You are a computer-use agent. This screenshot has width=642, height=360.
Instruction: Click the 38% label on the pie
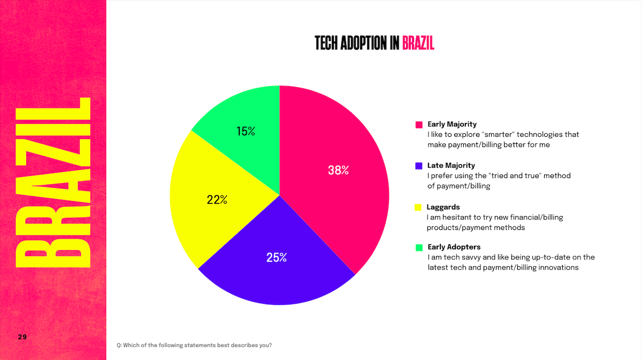(338, 171)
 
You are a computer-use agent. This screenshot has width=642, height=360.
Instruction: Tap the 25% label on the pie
(277, 257)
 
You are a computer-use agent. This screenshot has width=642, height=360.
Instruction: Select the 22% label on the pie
(217, 200)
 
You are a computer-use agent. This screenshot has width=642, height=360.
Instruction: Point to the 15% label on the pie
(246, 131)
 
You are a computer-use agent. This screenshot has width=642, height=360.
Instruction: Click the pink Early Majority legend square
(419, 125)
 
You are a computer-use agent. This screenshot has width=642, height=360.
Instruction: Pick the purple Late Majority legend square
(419, 166)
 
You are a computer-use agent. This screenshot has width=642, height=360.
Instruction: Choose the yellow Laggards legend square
(419, 207)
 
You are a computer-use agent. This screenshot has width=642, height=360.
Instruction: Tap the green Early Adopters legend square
(419, 248)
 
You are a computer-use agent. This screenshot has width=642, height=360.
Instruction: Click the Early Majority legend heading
(452, 124)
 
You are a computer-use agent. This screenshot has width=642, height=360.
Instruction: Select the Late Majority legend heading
(451, 165)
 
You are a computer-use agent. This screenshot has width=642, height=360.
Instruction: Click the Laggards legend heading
(443, 207)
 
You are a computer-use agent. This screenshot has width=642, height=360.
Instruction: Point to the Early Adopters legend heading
(454, 247)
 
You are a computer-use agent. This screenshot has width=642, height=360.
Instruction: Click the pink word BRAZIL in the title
(418, 43)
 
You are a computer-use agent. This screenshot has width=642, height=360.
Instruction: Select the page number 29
(22, 337)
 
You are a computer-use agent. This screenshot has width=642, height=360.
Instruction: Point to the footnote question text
(194, 345)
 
